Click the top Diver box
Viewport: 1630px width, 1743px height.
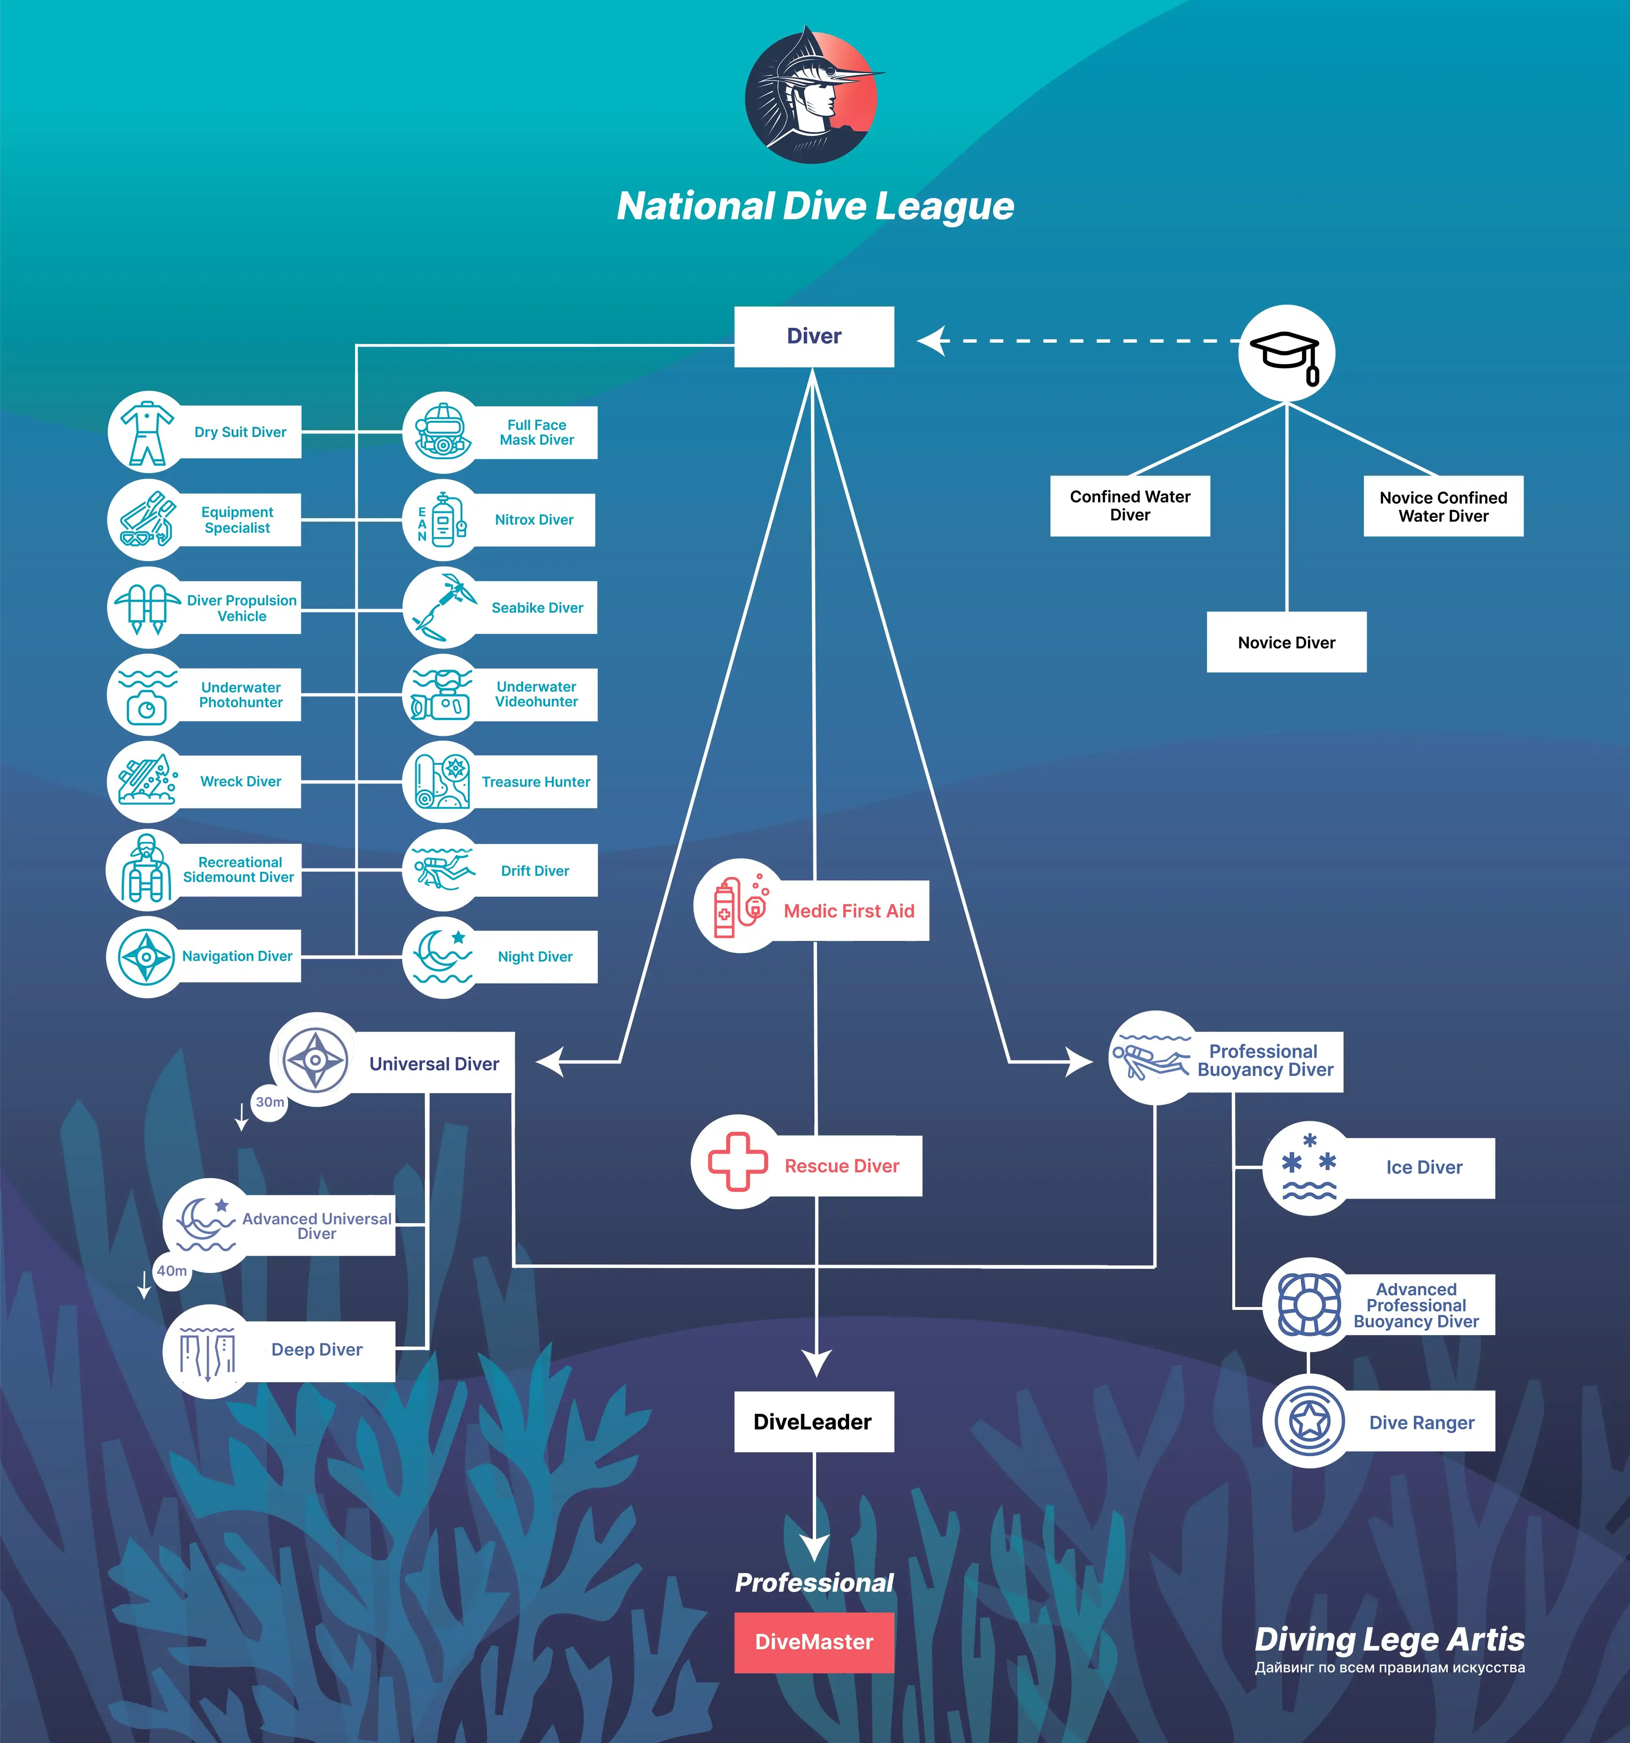coord(814,337)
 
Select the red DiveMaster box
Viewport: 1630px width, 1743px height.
coord(814,1642)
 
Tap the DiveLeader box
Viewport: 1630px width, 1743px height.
coord(814,1421)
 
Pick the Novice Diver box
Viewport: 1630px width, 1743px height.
coord(1286,643)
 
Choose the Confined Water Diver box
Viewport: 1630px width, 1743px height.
coord(1130,506)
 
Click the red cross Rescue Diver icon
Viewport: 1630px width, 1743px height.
coord(738,1162)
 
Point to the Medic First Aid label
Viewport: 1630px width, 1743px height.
coord(849,911)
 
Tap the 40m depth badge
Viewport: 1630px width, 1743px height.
coord(172,1270)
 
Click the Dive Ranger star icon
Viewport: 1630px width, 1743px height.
coord(1309,1421)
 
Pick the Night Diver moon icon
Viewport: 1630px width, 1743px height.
coord(443,957)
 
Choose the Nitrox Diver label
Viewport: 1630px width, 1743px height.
coord(534,520)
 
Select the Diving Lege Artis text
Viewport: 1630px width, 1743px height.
coord(1389,1640)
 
